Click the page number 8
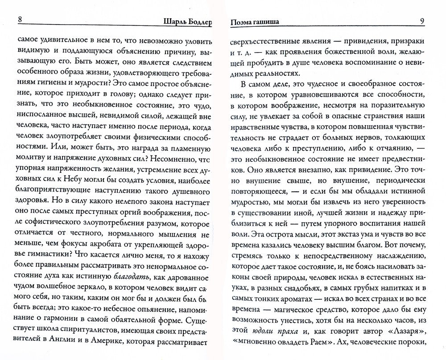pyautogui.click(x=17, y=20)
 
